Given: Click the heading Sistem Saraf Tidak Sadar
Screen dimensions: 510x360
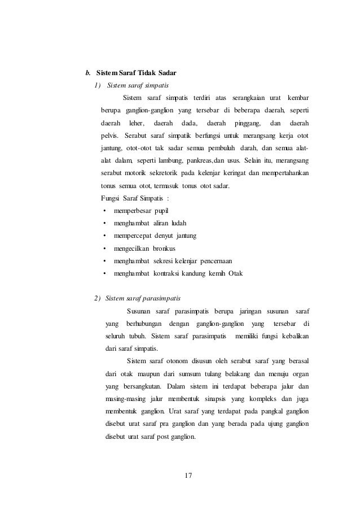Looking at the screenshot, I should coord(137,73).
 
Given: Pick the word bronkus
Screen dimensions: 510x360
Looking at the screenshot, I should coord(164,249).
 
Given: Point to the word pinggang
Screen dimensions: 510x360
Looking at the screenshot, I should coord(247,123).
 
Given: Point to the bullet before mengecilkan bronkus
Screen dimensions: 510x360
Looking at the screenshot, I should coord(106,249).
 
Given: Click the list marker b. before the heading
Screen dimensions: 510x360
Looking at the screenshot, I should coord(88,73).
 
